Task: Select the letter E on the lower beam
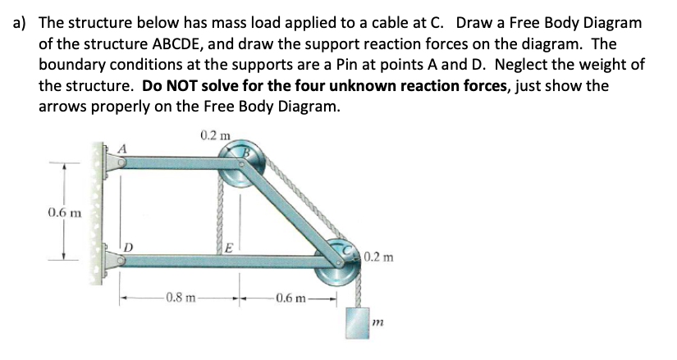(x=231, y=244)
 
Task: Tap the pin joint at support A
(x=121, y=163)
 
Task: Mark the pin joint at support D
(x=121, y=262)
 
